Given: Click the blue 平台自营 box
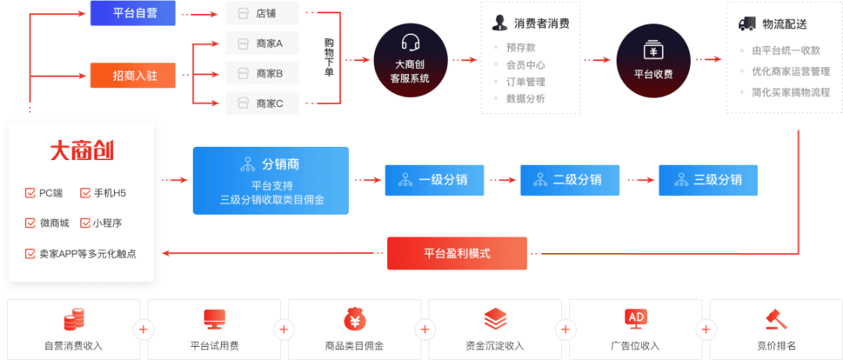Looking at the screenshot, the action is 133,13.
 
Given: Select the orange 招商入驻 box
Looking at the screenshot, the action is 133,75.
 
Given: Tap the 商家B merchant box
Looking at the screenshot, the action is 262,73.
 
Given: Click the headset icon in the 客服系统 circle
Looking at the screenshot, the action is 411,42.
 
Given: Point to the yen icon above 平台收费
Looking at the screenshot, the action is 653,50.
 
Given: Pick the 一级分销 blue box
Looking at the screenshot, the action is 435,180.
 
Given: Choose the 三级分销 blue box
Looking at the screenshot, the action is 708,180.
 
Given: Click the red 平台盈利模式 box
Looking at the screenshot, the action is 457,254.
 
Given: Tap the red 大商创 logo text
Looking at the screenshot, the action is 82,151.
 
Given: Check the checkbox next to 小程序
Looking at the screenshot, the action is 85,223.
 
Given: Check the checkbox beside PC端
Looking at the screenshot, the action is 30,193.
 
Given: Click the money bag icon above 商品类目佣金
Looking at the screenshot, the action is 354,319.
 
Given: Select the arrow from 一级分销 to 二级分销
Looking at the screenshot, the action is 502,180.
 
